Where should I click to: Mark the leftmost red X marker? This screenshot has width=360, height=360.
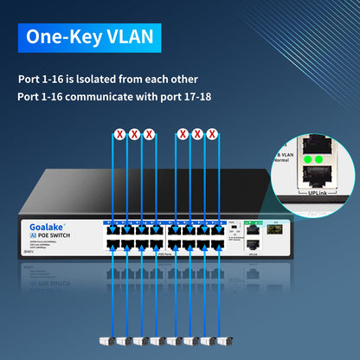point(119,134)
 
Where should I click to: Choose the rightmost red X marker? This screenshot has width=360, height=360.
point(213,134)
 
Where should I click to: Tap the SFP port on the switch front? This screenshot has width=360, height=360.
point(276,232)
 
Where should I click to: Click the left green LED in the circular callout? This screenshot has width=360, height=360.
point(305,160)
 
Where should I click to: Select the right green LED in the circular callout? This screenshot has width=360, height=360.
point(318,160)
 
